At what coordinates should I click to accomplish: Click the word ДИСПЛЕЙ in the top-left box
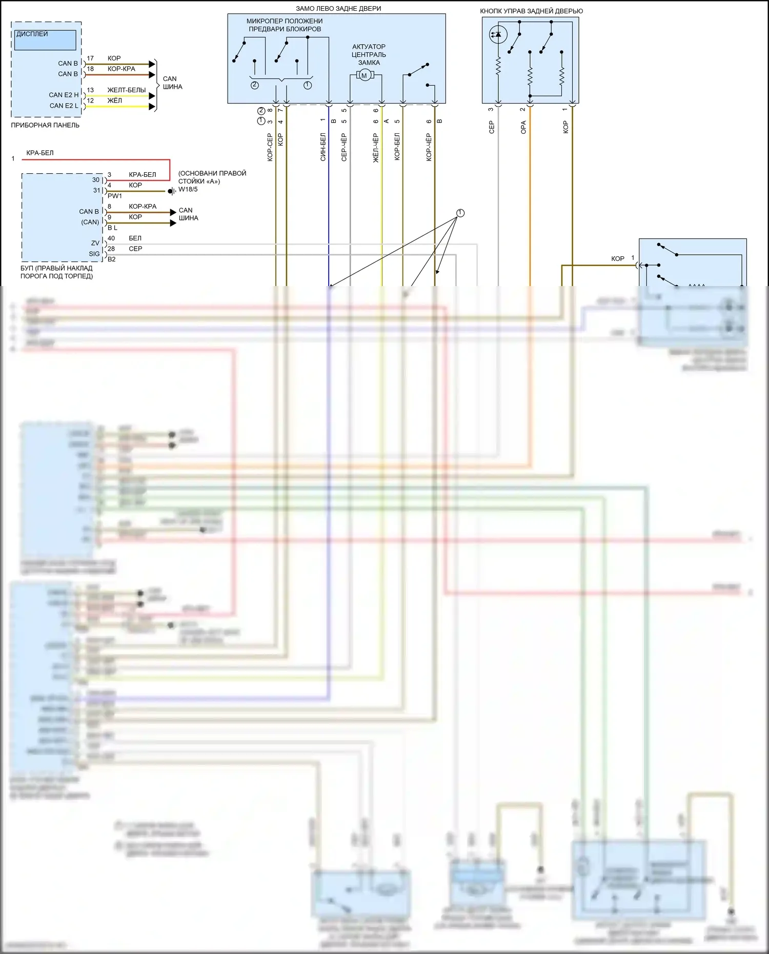(32, 34)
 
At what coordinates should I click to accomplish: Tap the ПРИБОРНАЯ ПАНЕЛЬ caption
(45, 125)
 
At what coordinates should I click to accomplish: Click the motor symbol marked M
(365, 76)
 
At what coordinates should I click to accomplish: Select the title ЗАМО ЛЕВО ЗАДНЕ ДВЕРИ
(338, 9)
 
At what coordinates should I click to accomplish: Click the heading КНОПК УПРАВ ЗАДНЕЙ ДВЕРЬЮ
(531, 11)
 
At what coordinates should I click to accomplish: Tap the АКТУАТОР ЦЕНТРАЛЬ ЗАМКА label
(369, 54)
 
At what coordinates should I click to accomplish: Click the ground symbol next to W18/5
(172, 191)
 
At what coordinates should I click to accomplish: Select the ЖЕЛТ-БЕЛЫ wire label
(127, 90)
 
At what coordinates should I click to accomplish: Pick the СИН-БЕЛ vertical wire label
(323, 147)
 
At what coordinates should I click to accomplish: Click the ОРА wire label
(523, 127)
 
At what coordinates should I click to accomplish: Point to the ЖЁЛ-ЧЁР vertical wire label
(376, 148)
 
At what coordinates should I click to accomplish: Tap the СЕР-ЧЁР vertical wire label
(344, 147)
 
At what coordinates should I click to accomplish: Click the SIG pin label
(94, 254)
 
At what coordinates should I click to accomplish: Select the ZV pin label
(95, 243)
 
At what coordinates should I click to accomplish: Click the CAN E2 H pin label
(64, 95)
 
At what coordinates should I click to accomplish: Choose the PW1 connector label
(115, 196)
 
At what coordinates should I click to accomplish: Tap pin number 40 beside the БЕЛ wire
(111, 238)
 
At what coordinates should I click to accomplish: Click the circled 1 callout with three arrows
(460, 213)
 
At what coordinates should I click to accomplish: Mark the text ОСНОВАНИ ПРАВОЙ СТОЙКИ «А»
(212, 177)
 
